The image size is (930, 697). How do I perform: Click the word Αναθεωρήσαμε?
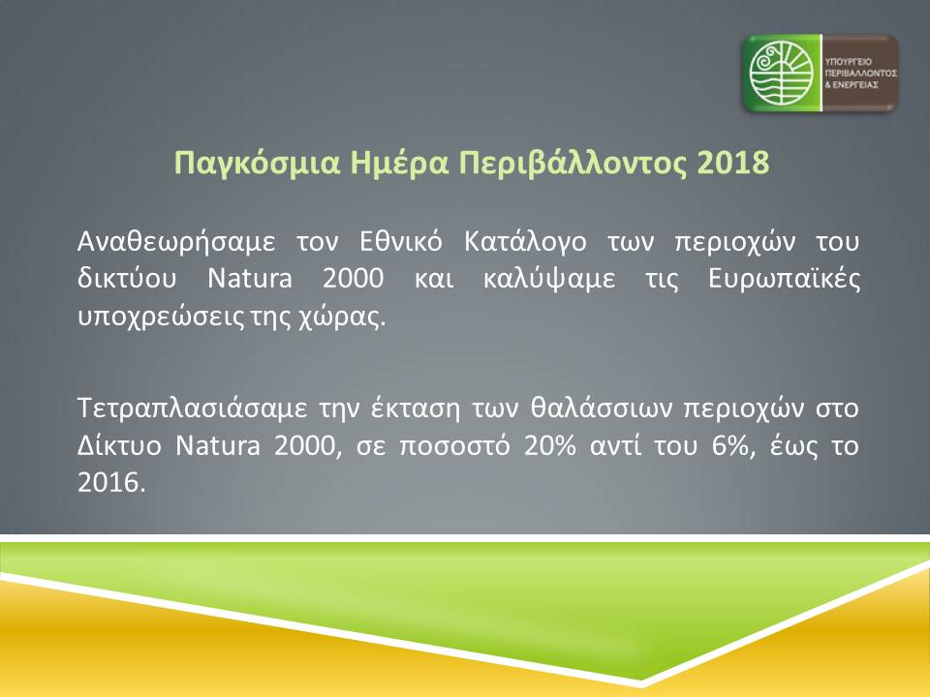tap(176, 242)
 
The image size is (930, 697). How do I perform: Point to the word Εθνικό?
tap(401, 241)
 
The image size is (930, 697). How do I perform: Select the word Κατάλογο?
tap(525, 242)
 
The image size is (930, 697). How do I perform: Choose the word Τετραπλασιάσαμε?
tap(193, 409)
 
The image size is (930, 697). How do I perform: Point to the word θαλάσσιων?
tap(602, 408)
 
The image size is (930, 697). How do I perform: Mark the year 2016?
tap(111, 482)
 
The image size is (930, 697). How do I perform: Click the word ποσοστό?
tap(455, 446)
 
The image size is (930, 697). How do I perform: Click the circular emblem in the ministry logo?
tap(781, 73)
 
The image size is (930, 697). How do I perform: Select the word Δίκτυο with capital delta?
tap(119, 445)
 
